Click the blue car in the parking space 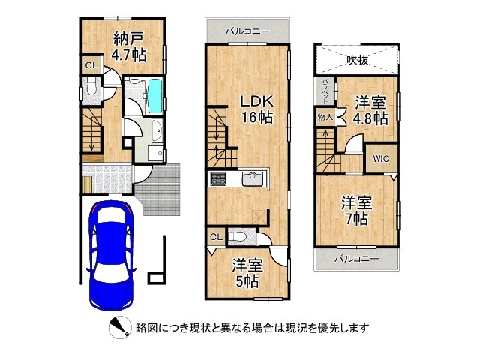112,255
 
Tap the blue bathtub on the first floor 155,96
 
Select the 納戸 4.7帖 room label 129,47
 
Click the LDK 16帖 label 256,109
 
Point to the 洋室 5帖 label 247,273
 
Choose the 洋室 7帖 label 357,211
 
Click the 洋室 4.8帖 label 371,110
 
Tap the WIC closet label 381,159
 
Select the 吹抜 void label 357,60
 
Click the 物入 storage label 325,117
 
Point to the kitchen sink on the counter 253,178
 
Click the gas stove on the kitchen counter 217,178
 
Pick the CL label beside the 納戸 91,65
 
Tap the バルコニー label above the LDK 248,31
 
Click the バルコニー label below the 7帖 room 357,259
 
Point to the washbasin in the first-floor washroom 157,130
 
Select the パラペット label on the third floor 325,91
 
